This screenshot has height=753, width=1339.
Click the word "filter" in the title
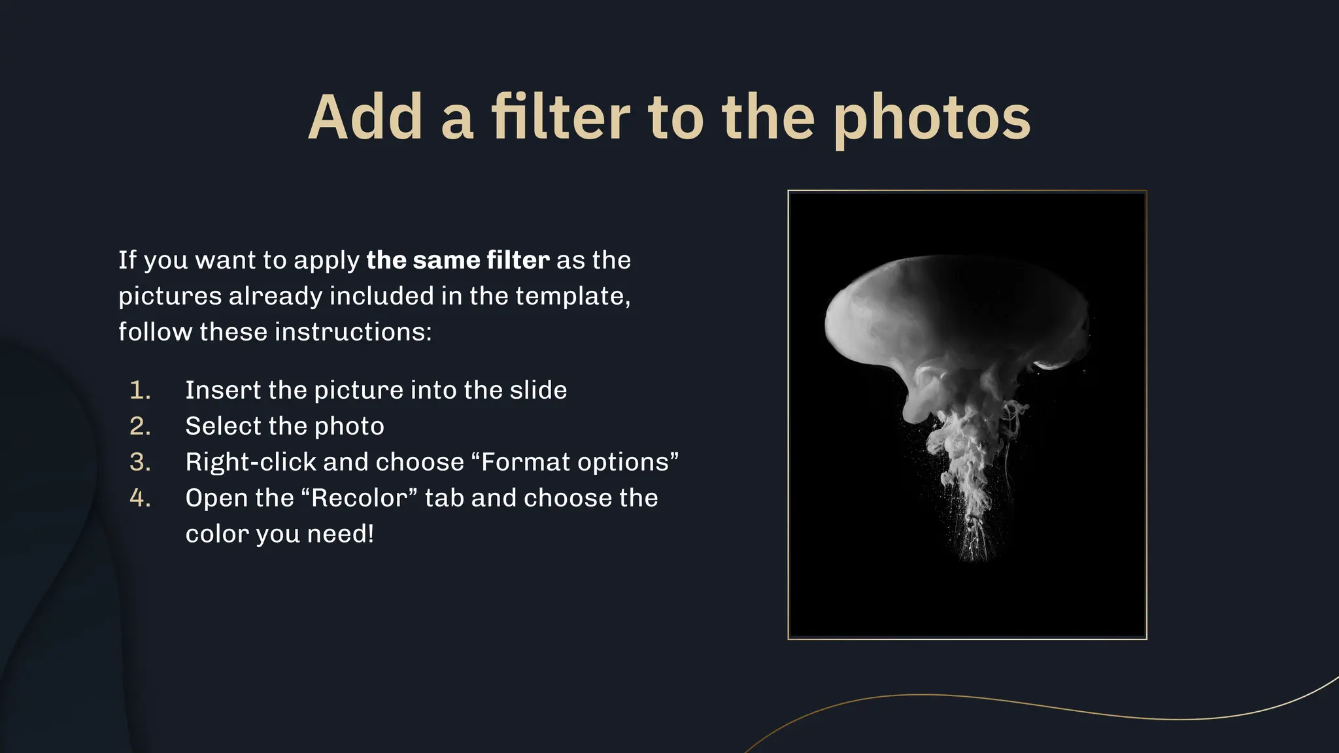(x=560, y=118)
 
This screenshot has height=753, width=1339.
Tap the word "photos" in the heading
(x=932, y=119)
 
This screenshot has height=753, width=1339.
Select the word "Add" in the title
(x=365, y=118)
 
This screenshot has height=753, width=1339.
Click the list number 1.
(x=140, y=390)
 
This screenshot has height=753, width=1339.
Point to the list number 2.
(x=140, y=426)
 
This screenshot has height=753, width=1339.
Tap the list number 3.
(x=140, y=462)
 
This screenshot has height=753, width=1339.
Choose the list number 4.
(x=140, y=498)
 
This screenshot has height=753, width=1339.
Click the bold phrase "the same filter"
(x=458, y=260)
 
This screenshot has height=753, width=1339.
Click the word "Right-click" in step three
(x=250, y=462)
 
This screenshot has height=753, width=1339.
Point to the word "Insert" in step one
(x=223, y=390)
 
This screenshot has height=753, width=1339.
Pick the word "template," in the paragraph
(x=573, y=296)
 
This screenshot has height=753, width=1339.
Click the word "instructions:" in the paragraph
(x=353, y=332)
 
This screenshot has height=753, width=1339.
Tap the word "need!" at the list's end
(x=341, y=534)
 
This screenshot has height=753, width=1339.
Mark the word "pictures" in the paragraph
(x=170, y=296)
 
